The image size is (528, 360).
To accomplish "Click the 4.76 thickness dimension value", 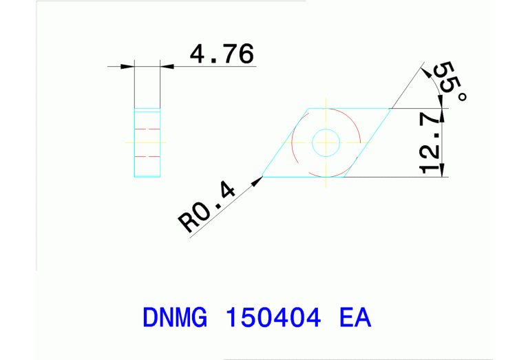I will pyautogui.click(x=221, y=54).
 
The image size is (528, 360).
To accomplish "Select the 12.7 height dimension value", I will pyautogui.click(x=430, y=143).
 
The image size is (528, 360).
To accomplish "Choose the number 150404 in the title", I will pyautogui.click(x=273, y=318).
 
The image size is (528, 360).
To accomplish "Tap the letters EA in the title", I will pyautogui.click(x=355, y=318).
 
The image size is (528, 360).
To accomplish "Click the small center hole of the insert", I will pyautogui.click(x=326, y=143).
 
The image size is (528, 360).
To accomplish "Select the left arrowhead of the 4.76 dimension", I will pyautogui.click(x=127, y=67).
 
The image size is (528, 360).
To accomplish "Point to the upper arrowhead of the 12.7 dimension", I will pyautogui.click(x=441, y=115).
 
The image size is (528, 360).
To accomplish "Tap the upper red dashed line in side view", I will pyautogui.click(x=147, y=129).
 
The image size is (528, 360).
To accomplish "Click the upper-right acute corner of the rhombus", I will pyautogui.click(x=391, y=109).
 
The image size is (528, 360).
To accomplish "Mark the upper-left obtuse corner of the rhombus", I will pyautogui.click(x=306, y=109).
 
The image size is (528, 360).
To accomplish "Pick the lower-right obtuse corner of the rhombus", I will pyautogui.click(x=344, y=177).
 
